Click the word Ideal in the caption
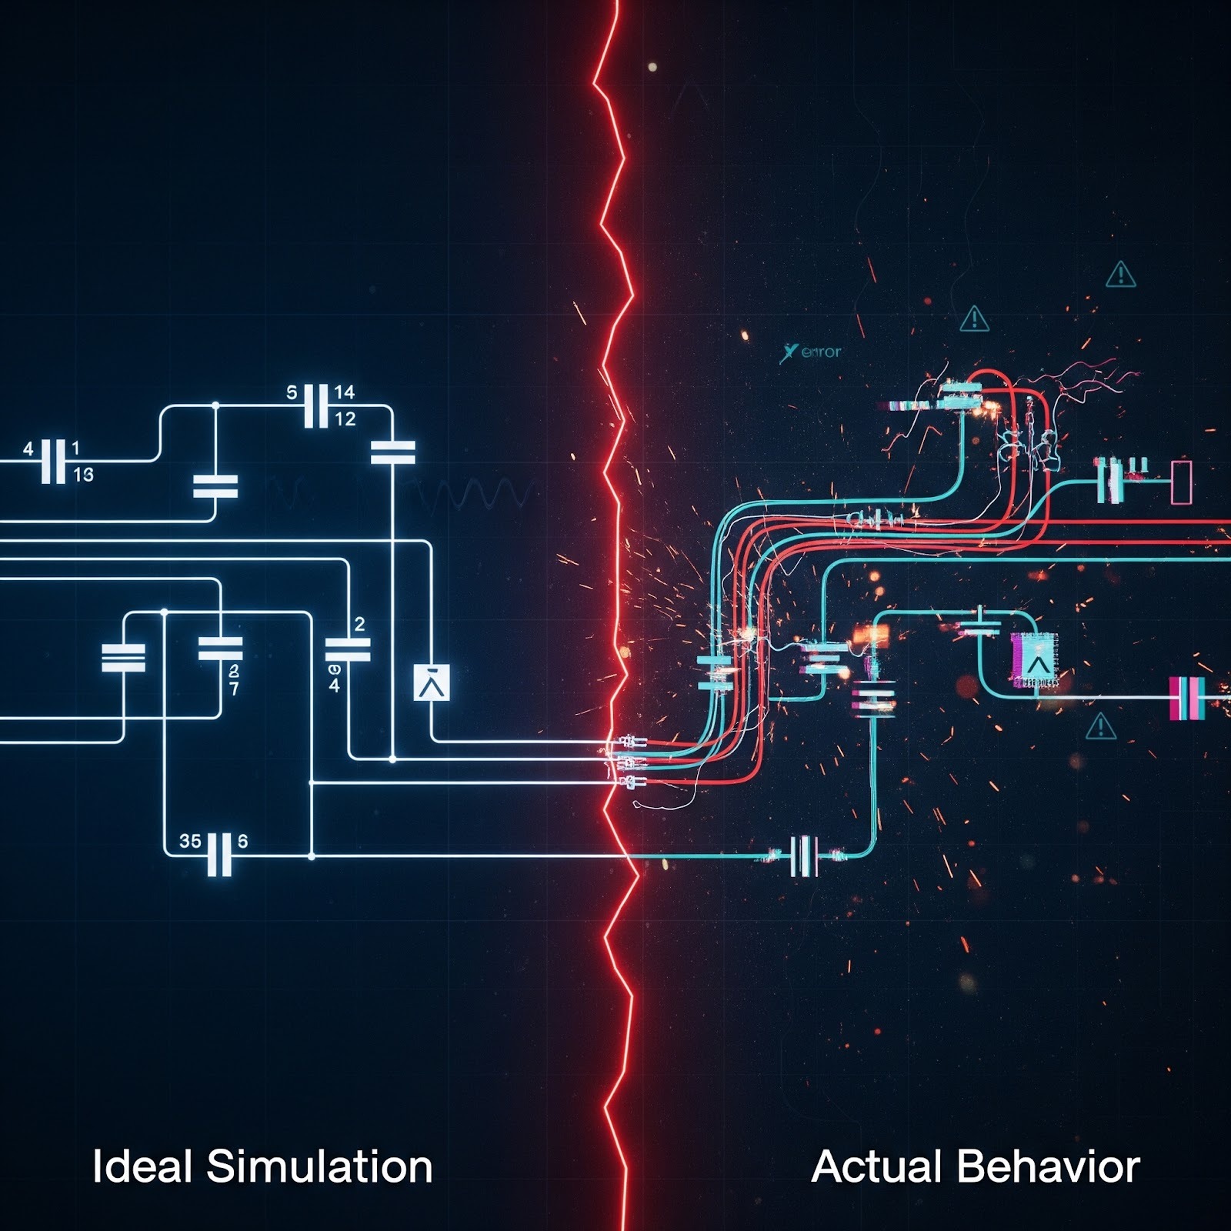point(142,1166)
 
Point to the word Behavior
point(1049,1166)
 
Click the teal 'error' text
point(821,352)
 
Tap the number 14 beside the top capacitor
point(344,392)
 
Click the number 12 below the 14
point(345,419)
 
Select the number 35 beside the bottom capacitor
point(190,841)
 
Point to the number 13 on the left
point(83,475)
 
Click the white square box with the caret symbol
point(432,682)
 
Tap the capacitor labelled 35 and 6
point(219,853)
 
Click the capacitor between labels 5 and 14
point(316,405)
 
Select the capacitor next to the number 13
point(53,461)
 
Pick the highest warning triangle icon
point(1121,275)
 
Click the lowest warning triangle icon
point(1100,726)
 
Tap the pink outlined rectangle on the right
point(1181,482)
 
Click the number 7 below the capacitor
point(234,689)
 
